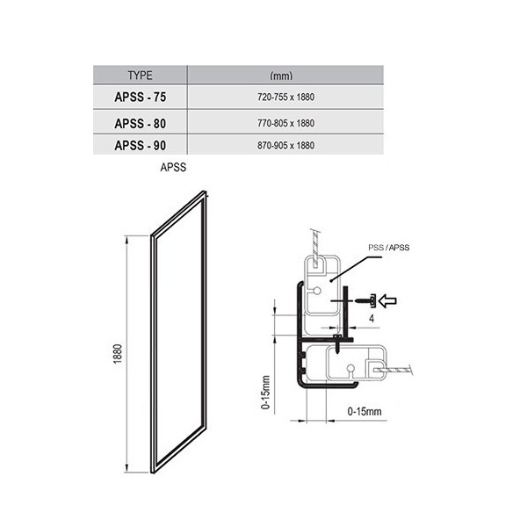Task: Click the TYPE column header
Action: point(140,76)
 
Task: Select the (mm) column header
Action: point(281,76)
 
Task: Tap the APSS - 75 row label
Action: point(141,97)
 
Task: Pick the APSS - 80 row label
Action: point(141,123)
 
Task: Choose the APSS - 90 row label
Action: point(141,146)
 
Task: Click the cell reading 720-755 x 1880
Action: point(286,97)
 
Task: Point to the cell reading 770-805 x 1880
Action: point(286,123)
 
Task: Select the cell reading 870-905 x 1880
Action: point(286,146)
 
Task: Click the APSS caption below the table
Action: point(173,167)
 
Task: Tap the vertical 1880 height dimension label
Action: point(118,354)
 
